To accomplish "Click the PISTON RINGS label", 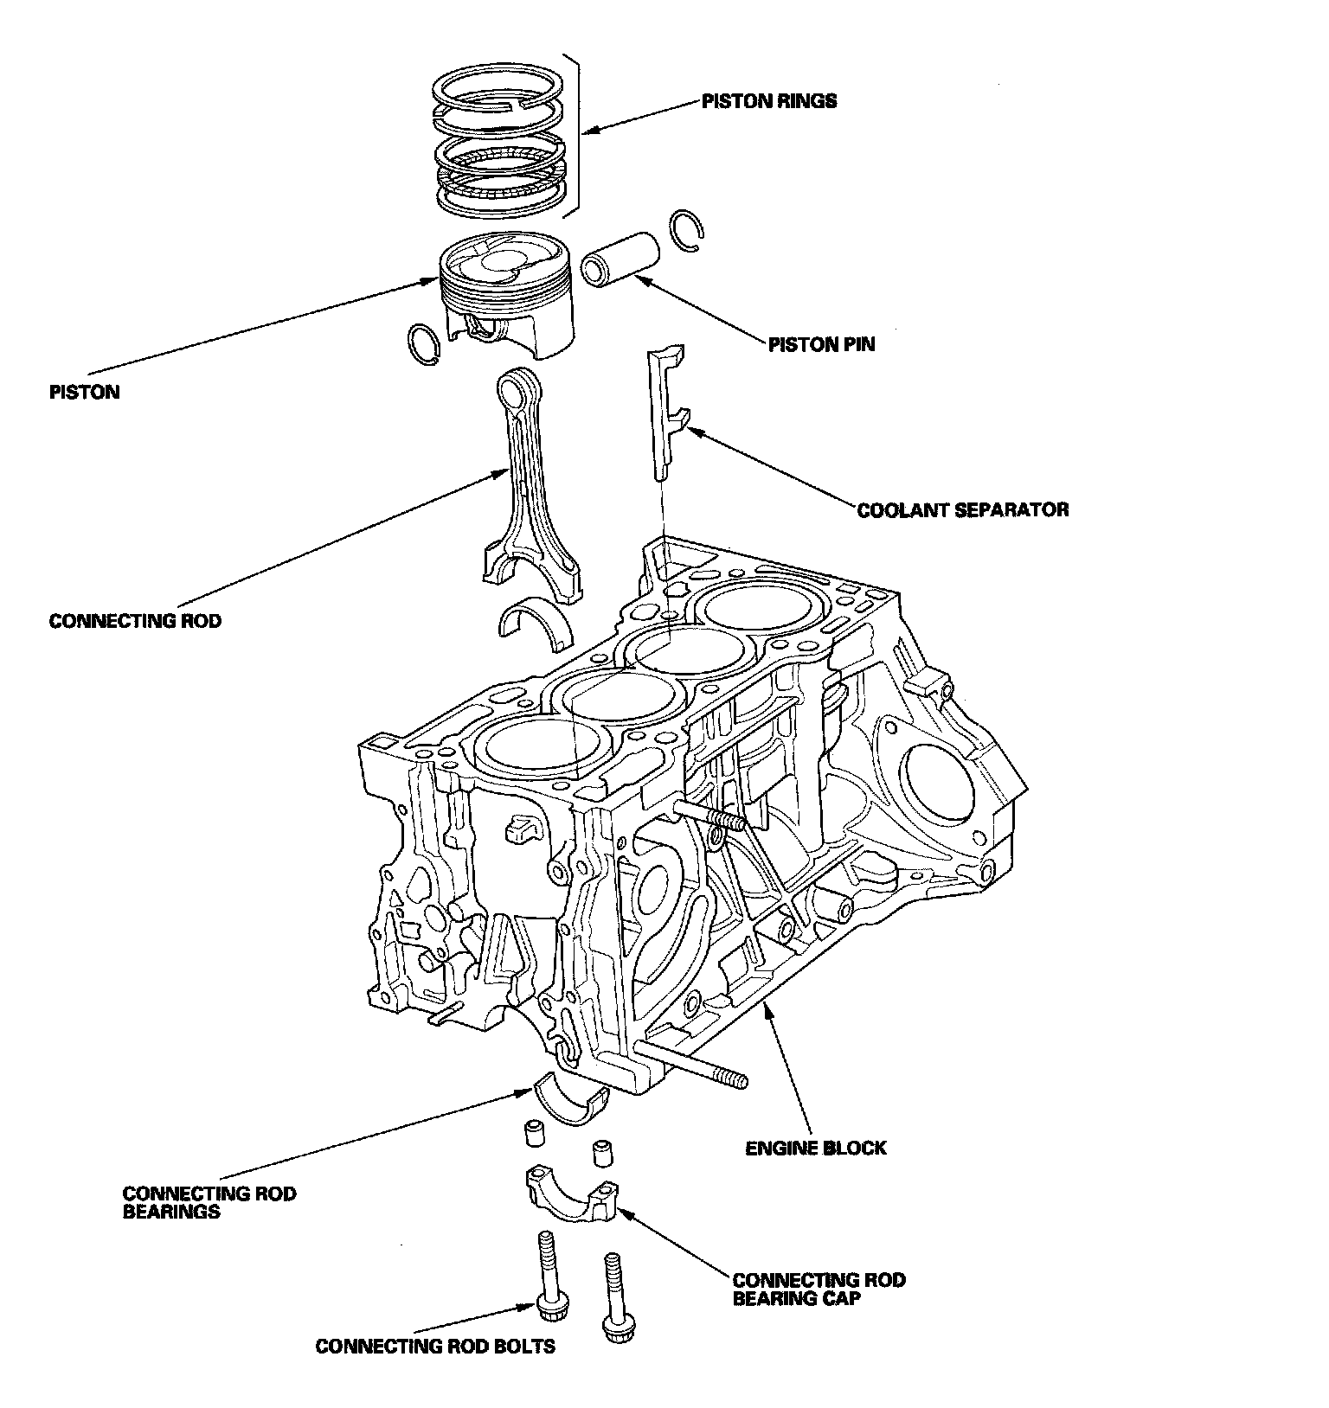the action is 769,101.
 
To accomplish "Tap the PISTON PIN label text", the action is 821,344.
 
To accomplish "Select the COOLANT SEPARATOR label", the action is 963,509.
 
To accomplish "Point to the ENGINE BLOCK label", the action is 816,1149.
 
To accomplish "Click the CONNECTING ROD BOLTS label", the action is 435,1347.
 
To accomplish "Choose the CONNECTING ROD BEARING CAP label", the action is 819,1289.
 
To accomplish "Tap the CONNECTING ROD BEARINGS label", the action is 209,1202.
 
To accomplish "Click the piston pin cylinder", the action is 620,257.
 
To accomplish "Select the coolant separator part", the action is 667,411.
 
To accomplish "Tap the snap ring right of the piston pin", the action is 687,232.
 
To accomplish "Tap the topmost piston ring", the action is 498,93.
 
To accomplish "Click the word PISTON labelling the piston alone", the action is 85,392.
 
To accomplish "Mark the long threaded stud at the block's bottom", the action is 690,1064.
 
